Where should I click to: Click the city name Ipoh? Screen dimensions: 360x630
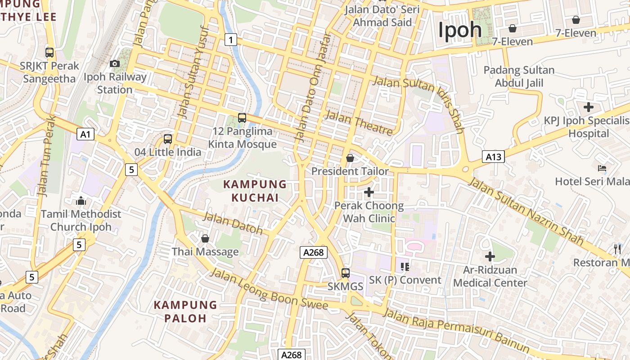[460, 30]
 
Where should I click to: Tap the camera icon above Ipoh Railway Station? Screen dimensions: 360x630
[115, 64]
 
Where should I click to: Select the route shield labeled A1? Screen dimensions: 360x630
[85, 134]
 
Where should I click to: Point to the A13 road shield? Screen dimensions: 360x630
[493, 157]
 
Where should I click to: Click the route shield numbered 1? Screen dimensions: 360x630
[231, 40]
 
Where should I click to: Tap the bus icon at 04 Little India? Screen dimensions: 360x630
[168, 139]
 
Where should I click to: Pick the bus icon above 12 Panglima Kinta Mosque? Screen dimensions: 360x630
[242, 118]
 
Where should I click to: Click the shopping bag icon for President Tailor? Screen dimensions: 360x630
[350, 158]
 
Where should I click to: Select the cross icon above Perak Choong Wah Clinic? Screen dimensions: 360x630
[369, 193]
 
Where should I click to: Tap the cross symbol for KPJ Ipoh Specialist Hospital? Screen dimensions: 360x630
[588, 107]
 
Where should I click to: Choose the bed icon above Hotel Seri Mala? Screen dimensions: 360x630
[602, 169]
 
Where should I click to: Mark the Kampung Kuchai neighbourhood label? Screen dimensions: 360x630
[255, 191]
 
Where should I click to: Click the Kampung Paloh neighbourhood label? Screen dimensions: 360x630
[185, 311]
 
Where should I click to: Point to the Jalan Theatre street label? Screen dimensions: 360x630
[359, 122]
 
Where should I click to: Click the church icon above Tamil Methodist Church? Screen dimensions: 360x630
[81, 201]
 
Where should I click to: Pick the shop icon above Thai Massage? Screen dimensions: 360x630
[205, 238]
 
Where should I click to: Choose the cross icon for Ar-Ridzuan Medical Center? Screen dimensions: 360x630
[490, 256]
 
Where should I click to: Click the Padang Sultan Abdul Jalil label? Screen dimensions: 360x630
[519, 76]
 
